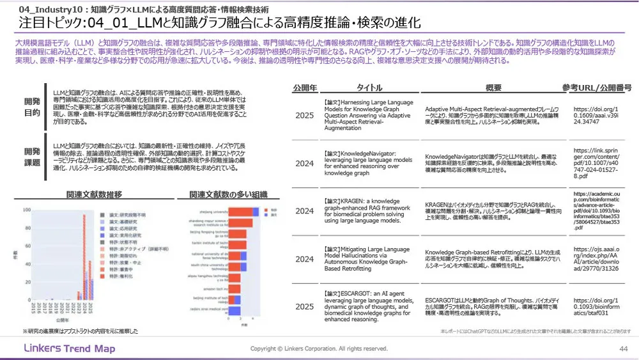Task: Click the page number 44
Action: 623,348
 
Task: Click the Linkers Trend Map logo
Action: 70,348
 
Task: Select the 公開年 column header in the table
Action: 304,88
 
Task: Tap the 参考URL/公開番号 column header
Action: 597,88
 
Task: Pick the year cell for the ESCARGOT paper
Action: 304,307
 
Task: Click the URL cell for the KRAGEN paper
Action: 597,211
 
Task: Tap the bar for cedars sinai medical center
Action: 234,311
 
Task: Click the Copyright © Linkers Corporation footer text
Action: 319,348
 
